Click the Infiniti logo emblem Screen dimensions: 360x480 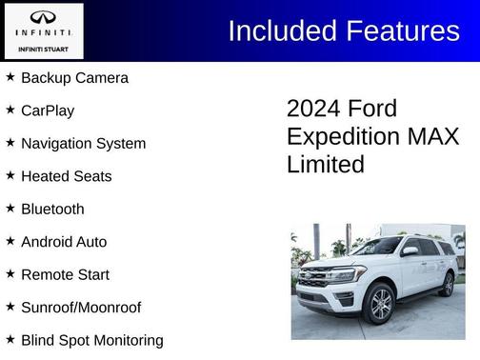pyautogui.click(x=43, y=18)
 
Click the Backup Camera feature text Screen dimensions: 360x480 pyautogui.click(x=74, y=78)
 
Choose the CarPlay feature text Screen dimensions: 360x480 pyautogui.click(x=48, y=110)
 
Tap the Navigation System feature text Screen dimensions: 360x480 pyautogui.click(x=83, y=144)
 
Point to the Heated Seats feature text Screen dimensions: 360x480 pyautogui.click(x=66, y=176)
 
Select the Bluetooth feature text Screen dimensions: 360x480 pyautogui.click(x=52, y=209)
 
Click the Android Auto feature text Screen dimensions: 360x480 pyautogui.click(x=64, y=242)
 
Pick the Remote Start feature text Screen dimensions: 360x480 pyautogui.click(x=65, y=274)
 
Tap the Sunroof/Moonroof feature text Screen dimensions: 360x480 pyautogui.click(x=81, y=308)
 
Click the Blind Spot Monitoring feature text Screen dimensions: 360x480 pyautogui.click(x=91, y=340)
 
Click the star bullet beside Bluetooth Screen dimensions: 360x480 pyautogui.click(x=10, y=208)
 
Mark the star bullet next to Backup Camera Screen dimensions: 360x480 pyautogui.click(x=10, y=76)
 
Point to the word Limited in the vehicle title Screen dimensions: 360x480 pyautogui.click(x=326, y=165)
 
